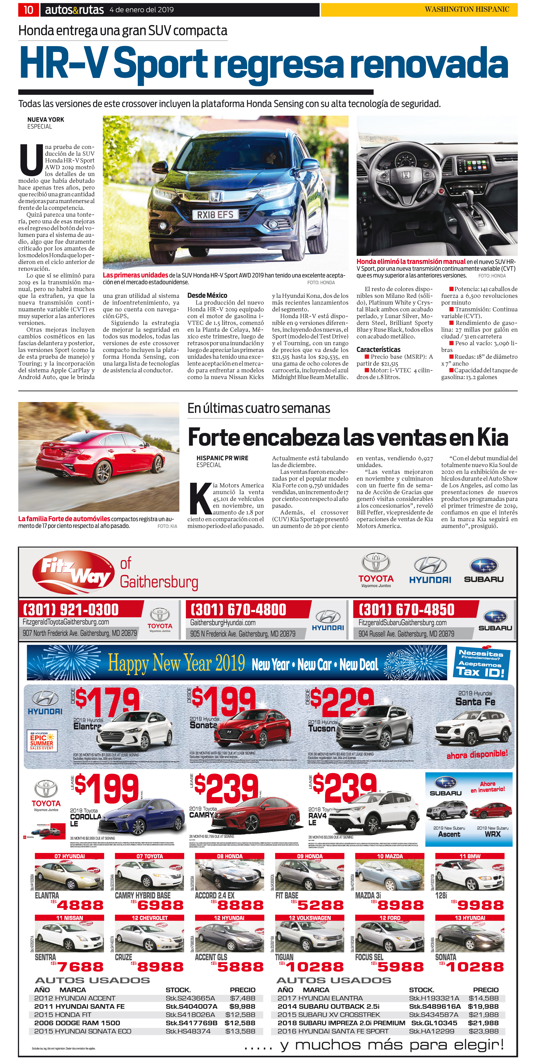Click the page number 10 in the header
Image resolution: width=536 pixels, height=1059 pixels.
(x=28, y=10)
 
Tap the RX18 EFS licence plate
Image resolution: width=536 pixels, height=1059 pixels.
(x=215, y=215)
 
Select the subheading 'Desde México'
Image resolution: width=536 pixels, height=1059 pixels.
(x=207, y=295)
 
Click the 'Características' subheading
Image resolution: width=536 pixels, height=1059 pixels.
(x=378, y=349)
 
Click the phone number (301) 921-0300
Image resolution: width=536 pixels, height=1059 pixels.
(x=71, y=609)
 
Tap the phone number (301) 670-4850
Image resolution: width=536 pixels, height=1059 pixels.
(x=406, y=609)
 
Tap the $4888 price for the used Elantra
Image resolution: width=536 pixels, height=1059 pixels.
(x=80, y=906)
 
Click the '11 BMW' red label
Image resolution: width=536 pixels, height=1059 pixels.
(x=470, y=856)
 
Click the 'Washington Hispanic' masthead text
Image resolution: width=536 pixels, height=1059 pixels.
(x=467, y=10)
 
